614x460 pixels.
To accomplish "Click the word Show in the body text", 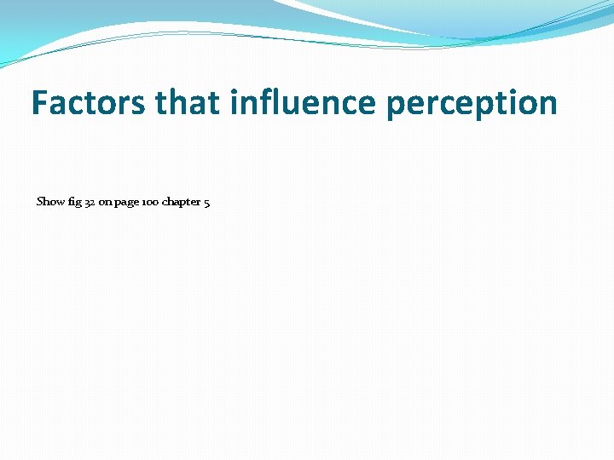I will click(50, 202).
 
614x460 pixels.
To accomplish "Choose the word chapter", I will click(181, 203).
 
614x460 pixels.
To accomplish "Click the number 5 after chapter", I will click(207, 203).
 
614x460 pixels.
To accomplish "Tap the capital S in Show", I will click(39, 202).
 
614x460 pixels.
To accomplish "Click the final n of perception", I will click(547, 106).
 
